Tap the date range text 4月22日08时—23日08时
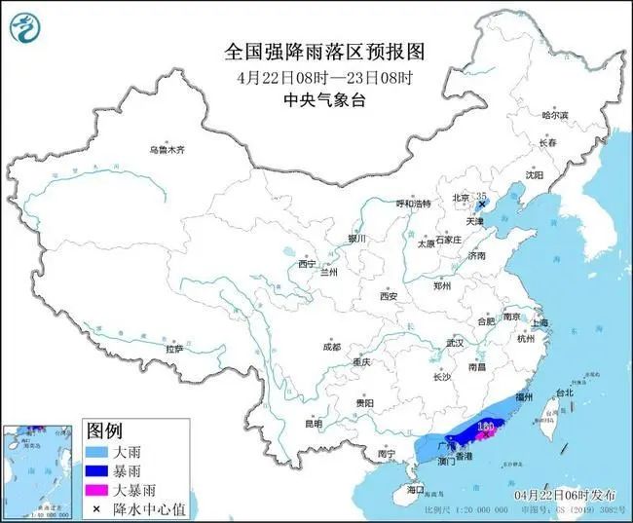tap(316, 77)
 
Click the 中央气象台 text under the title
tap(316, 100)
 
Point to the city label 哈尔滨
tap(554, 114)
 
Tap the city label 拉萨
tap(174, 348)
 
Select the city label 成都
tap(331, 347)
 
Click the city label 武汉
tap(456, 343)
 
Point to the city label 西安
tap(391, 295)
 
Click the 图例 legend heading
tap(105, 430)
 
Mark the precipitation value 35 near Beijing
tap(480, 196)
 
